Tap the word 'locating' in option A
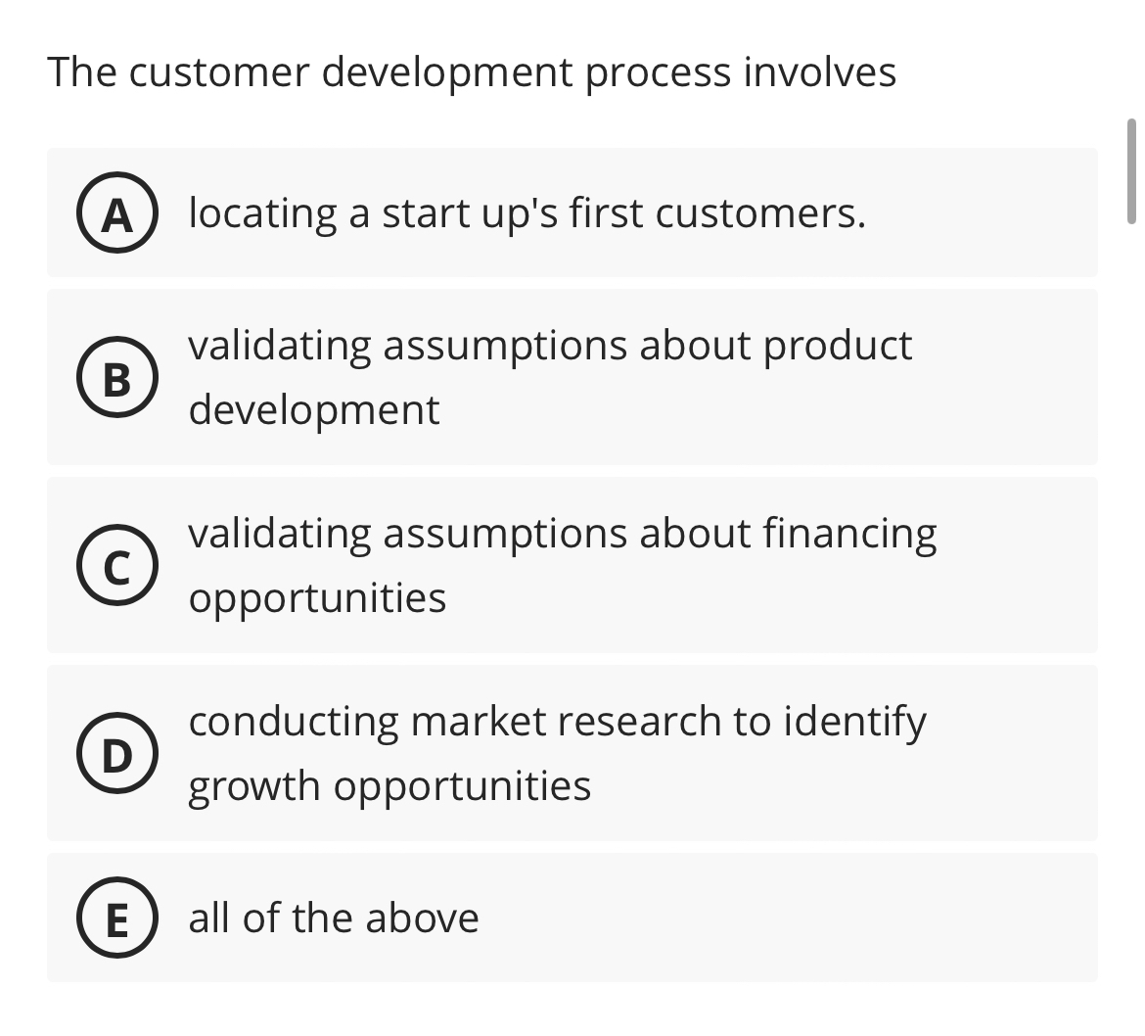pyautogui.click(x=261, y=213)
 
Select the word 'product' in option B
pyautogui.click(x=838, y=346)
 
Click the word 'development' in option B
pyautogui.click(x=314, y=409)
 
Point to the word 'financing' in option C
pyautogui.click(x=848, y=535)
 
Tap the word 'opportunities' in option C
pyautogui.click(x=318, y=598)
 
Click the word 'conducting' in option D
pyautogui.click(x=294, y=723)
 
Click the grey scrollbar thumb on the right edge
pyautogui.click(x=1131, y=171)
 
